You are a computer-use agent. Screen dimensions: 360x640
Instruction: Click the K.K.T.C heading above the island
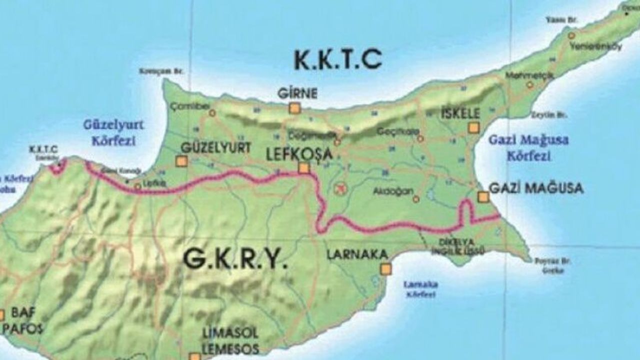[x=338, y=60]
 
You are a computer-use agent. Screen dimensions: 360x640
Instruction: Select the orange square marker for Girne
[x=294, y=108]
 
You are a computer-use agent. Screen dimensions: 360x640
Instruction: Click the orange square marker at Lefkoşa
[x=303, y=168]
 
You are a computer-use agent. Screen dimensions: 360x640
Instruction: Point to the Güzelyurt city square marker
[x=182, y=161]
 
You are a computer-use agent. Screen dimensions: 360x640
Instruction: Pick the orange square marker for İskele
[x=473, y=128]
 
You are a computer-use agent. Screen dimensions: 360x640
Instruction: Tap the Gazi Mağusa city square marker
[x=483, y=197]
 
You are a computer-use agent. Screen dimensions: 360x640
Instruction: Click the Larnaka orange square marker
[x=385, y=269]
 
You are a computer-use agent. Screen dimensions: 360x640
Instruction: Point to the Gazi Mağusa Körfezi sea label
[x=529, y=148]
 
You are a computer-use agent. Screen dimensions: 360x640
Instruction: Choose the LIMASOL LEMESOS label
[x=230, y=340]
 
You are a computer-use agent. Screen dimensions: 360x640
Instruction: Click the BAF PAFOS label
[x=22, y=321]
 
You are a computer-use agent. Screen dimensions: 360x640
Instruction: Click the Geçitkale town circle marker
[x=420, y=137]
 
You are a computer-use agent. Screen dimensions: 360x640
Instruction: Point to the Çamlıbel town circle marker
[x=212, y=113]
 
